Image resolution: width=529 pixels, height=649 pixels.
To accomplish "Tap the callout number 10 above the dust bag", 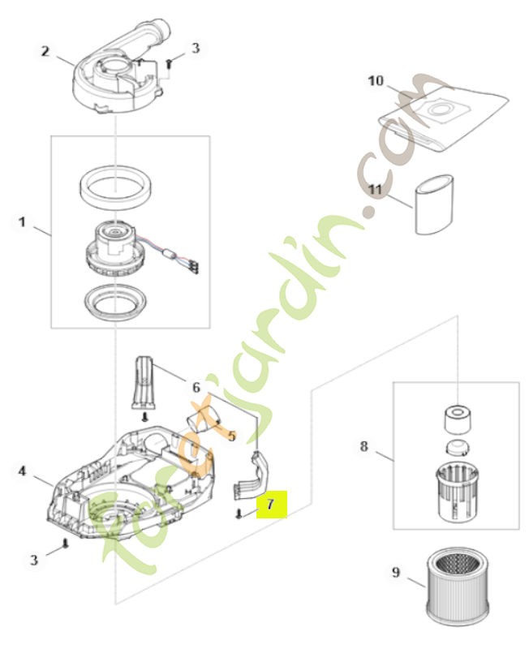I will (x=375, y=81).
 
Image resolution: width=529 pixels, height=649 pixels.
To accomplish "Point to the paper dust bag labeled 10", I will (x=442, y=118).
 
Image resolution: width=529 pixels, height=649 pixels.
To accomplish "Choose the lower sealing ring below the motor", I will (x=114, y=302).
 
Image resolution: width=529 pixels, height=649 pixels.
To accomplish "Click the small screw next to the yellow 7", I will (x=240, y=514).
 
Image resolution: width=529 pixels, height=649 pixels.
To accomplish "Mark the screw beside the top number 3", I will (x=170, y=61).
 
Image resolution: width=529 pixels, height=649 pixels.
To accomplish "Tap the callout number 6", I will (x=196, y=387).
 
